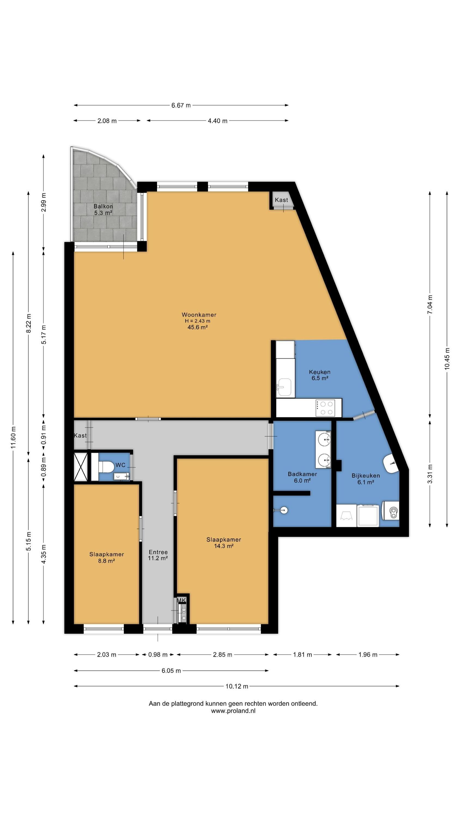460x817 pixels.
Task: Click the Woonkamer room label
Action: [199, 315]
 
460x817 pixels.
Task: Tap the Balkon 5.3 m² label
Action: [103, 210]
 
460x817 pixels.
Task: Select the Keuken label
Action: [320, 372]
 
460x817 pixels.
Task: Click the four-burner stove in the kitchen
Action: [325, 408]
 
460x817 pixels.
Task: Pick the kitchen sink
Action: [285, 387]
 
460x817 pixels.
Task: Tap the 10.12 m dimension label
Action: [237, 686]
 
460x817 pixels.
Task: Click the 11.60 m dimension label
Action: [13, 438]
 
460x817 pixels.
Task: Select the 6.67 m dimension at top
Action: [181, 105]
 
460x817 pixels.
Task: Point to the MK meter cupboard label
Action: [181, 600]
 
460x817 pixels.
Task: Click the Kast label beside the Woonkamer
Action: [282, 200]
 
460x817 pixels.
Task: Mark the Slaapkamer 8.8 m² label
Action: [106, 557]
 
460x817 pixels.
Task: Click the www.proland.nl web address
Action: [233, 711]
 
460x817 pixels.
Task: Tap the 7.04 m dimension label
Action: [430, 304]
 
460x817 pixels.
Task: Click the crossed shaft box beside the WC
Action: [80, 467]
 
